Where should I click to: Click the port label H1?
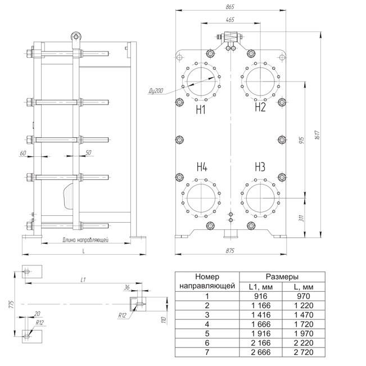(x=201, y=110)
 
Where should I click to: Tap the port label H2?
(x=260, y=107)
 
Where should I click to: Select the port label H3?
(x=260, y=167)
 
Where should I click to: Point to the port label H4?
(x=202, y=167)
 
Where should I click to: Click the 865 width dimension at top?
(x=230, y=7)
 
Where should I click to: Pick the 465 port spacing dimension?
(x=230, y=20)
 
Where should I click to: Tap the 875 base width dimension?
(x=230, y=251)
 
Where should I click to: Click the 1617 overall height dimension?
(x=317, y=135)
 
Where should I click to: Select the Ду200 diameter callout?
(x=156, y=91)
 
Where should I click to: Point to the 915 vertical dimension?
(x=301, y=140)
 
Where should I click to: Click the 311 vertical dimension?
(x=301, y=218)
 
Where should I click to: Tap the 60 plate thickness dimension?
(x=23, y=153)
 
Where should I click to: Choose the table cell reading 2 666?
(x=261, y=352)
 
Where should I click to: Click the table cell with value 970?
(x=304, y=296)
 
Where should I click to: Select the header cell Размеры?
(x=282, y=277)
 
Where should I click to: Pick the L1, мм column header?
(x=261, y=287)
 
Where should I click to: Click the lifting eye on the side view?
(x=76, y=37)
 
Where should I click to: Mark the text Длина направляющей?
(x=85, y=240)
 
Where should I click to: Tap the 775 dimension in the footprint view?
(x=11, y=304)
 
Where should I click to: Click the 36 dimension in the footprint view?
(x=126, y=287)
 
